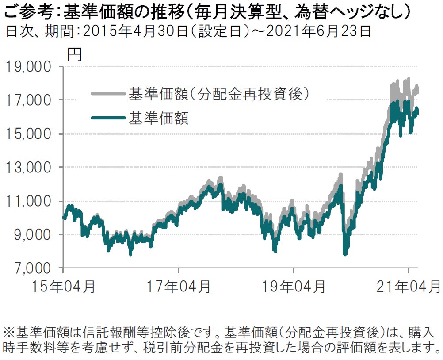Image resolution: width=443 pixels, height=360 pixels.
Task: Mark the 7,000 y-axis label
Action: tap(30, 268)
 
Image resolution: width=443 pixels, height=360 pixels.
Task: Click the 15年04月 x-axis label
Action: tap(64, 287)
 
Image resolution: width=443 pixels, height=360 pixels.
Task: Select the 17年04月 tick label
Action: tap(179, 287)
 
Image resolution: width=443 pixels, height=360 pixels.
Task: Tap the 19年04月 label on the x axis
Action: tap(294, 287)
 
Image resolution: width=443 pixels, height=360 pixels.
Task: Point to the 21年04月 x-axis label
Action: tap(409, 287)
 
